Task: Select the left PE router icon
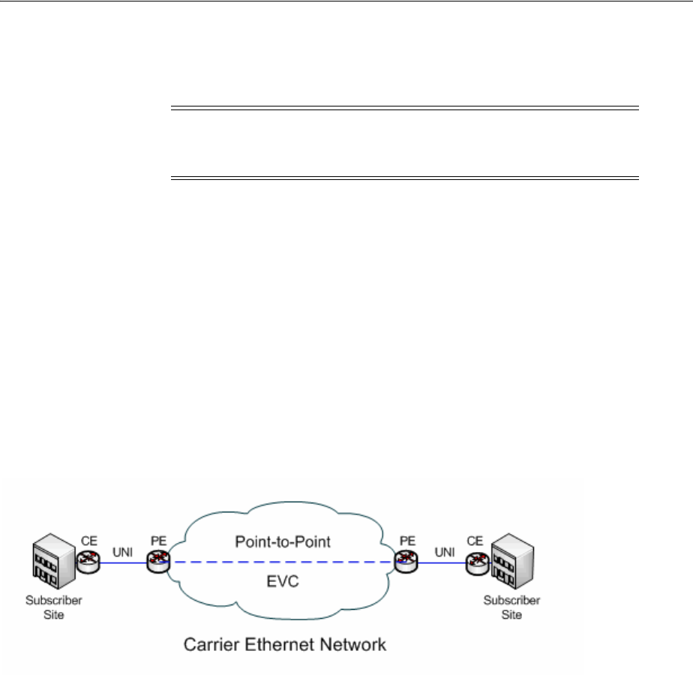(x=158, y=559)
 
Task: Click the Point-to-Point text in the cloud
(x=282, y=541)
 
